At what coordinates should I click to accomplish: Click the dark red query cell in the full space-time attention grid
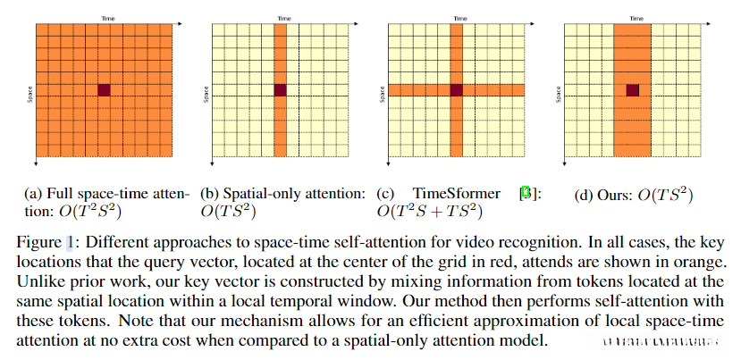click(104, 89)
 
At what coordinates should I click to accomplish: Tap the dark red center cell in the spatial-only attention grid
click(281, 89)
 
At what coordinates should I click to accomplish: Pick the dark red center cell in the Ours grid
click(634, 89)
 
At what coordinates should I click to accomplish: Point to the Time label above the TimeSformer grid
click(458, 17)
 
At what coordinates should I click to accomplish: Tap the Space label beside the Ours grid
click(560, 93)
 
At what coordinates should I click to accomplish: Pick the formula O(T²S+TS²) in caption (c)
click(428, 212)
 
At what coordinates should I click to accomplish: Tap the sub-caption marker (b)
click(208, 193)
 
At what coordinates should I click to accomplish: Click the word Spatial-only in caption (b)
click(255, 193)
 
